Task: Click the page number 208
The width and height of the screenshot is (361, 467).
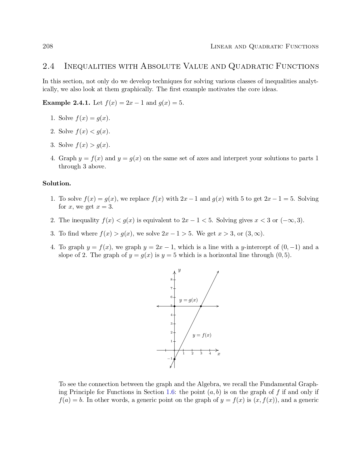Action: click(x=48, y=46)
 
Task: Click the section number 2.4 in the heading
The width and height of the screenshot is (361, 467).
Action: click(x=48, y=67)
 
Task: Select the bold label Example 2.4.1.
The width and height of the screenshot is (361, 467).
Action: click(x=66, y=103)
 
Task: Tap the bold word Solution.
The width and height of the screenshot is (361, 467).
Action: click(x=57, y=183)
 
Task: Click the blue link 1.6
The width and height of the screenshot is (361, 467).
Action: click(x=170, y=392)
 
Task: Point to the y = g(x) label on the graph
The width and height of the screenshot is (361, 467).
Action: click(x=188, y=300)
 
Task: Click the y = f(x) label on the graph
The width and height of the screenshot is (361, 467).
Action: click(x=202, y=335)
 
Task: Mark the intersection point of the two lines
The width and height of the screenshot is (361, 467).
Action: click(x=201, y=306)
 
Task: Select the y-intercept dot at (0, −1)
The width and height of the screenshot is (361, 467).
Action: click(x=174, y=359)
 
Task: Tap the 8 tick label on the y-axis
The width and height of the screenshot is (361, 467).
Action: click(x=171, y=280)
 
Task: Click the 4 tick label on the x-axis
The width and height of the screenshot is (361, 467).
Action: click(x=210, y=354)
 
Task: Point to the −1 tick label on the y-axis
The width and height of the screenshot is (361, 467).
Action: click(x=170, y=359)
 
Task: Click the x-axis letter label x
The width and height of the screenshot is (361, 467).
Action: click(x=219, y=354)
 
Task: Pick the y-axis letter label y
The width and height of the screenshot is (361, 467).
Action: click(x=179, y=270)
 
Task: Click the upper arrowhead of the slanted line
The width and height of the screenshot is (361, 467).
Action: click(x=218, y=272)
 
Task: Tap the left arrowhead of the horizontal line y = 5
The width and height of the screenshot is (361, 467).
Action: click(x=158, y=306)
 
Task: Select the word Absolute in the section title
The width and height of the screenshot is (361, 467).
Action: click(x=160, y=67)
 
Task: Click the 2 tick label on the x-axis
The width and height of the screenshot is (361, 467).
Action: click(x=192, y=354)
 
